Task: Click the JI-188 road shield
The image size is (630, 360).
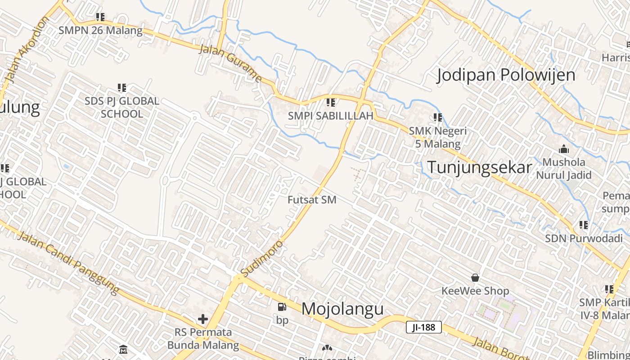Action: tap(423, 327)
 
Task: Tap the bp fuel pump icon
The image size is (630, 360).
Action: tap(282, 307)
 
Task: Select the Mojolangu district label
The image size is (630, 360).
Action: tap(342, 309)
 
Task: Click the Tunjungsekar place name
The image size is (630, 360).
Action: tap(479, 167)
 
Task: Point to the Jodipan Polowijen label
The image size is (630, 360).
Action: tap(506, 75)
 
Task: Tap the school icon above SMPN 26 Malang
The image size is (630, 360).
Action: tap(100, 17)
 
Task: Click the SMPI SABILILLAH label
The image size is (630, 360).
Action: tap(331, 116)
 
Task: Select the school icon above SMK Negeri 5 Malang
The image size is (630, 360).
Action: tap(437, 117)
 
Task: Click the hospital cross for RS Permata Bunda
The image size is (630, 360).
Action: tap(203, 319)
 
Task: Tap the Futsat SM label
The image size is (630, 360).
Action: tap(312, 200)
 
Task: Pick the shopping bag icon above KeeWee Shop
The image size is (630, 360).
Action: tap(475, 278)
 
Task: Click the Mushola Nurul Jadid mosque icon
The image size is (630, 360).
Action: tap(563, 149)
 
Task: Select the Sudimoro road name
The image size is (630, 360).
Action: tap(262, 259)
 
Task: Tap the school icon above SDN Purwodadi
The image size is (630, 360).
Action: tap(584, 225)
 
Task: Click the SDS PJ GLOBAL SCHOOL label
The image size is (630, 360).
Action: tap(122, 107)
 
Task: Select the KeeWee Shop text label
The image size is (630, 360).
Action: tap(475, 291)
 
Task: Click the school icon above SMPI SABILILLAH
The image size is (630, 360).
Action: tap(331, 103)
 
